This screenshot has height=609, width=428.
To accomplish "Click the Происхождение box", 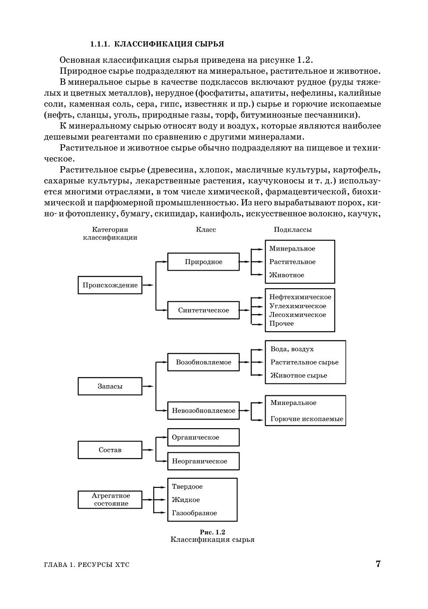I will coord(110,285).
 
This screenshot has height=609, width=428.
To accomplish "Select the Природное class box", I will coord(203,262).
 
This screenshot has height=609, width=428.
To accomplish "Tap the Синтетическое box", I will coord(203,310).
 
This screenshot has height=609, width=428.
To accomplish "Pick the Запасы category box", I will coord(110,387).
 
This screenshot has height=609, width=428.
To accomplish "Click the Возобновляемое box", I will coord(203,362).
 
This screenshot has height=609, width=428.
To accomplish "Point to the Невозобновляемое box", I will coord(203,411).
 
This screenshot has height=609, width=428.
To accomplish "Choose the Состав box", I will coord(110,450).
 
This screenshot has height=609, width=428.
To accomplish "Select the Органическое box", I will coord(203,437).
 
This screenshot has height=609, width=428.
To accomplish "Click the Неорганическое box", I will coord(203,461).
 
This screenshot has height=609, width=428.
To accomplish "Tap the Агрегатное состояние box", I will coord(110,500).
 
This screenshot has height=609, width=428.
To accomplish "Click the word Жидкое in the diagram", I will coord(186,500).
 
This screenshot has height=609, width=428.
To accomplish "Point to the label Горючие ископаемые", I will coord(306,419).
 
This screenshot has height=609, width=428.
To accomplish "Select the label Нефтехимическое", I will coord(300,297).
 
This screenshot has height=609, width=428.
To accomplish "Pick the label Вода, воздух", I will coord(292,349).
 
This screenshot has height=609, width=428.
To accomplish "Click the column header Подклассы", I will coord(293,229).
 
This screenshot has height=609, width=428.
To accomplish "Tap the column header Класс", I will coord(206,229).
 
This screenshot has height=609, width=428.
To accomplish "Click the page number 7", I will coord(378,564).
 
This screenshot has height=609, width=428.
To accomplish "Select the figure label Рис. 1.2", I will coord(212,532).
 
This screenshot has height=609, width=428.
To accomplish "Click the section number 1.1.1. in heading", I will coord(100,44).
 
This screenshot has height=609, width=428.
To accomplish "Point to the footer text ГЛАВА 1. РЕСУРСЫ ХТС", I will coord(87,565).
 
